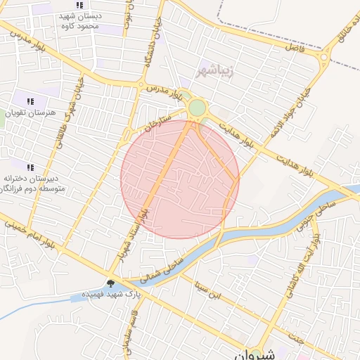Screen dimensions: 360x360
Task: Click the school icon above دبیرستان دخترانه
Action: coord(31,167)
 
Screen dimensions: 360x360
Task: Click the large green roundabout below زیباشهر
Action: coord(198,108)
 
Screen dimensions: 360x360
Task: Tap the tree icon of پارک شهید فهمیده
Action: coord(110,283)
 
